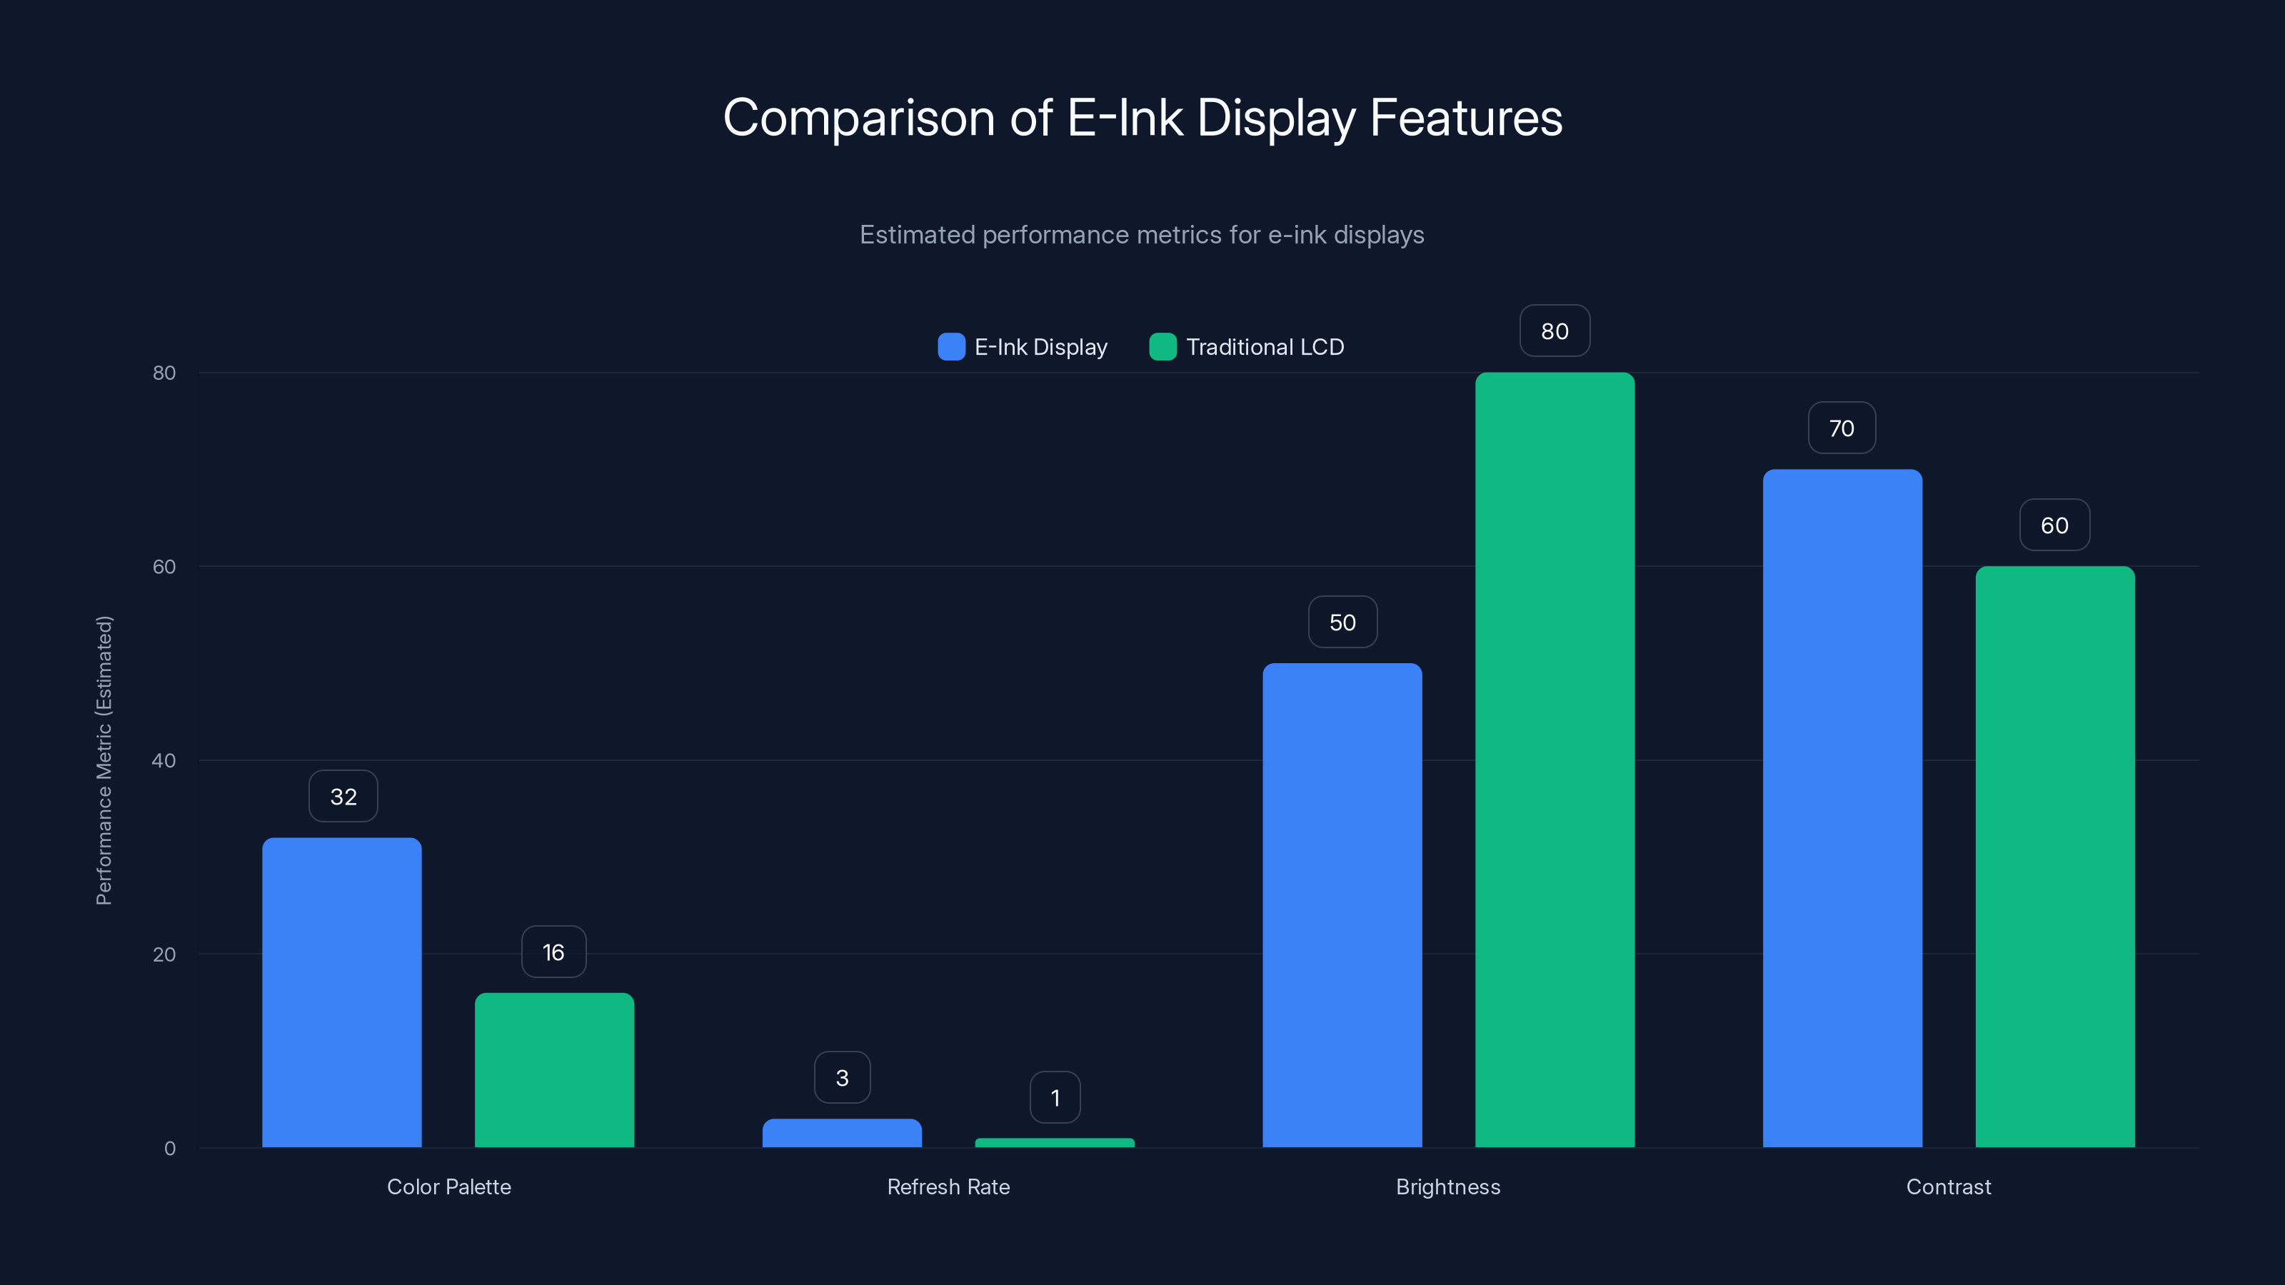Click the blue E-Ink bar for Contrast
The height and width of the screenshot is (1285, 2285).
pos(1842,808)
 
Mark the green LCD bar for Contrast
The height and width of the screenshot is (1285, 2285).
pos(2054,857)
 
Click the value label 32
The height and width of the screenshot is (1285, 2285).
pos(343,797)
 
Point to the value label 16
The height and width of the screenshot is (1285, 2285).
pos(553,952)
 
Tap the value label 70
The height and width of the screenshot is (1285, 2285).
pos(1842,428)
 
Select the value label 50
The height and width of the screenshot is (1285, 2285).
pos(1342,623)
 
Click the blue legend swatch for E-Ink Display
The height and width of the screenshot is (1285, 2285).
pos(951,347)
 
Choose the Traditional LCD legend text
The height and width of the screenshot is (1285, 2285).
pos(1264,347)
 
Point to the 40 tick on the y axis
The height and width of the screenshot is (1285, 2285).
pos(164,760)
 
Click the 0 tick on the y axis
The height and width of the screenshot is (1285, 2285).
pos(169,1149)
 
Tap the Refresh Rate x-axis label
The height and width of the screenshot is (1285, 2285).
pos(948,1186)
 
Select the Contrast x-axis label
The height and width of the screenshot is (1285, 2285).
pos(1948,1186)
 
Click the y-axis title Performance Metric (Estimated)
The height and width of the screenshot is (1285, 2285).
pos(104,760)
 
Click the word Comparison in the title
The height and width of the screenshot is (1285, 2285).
pos(858,118)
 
